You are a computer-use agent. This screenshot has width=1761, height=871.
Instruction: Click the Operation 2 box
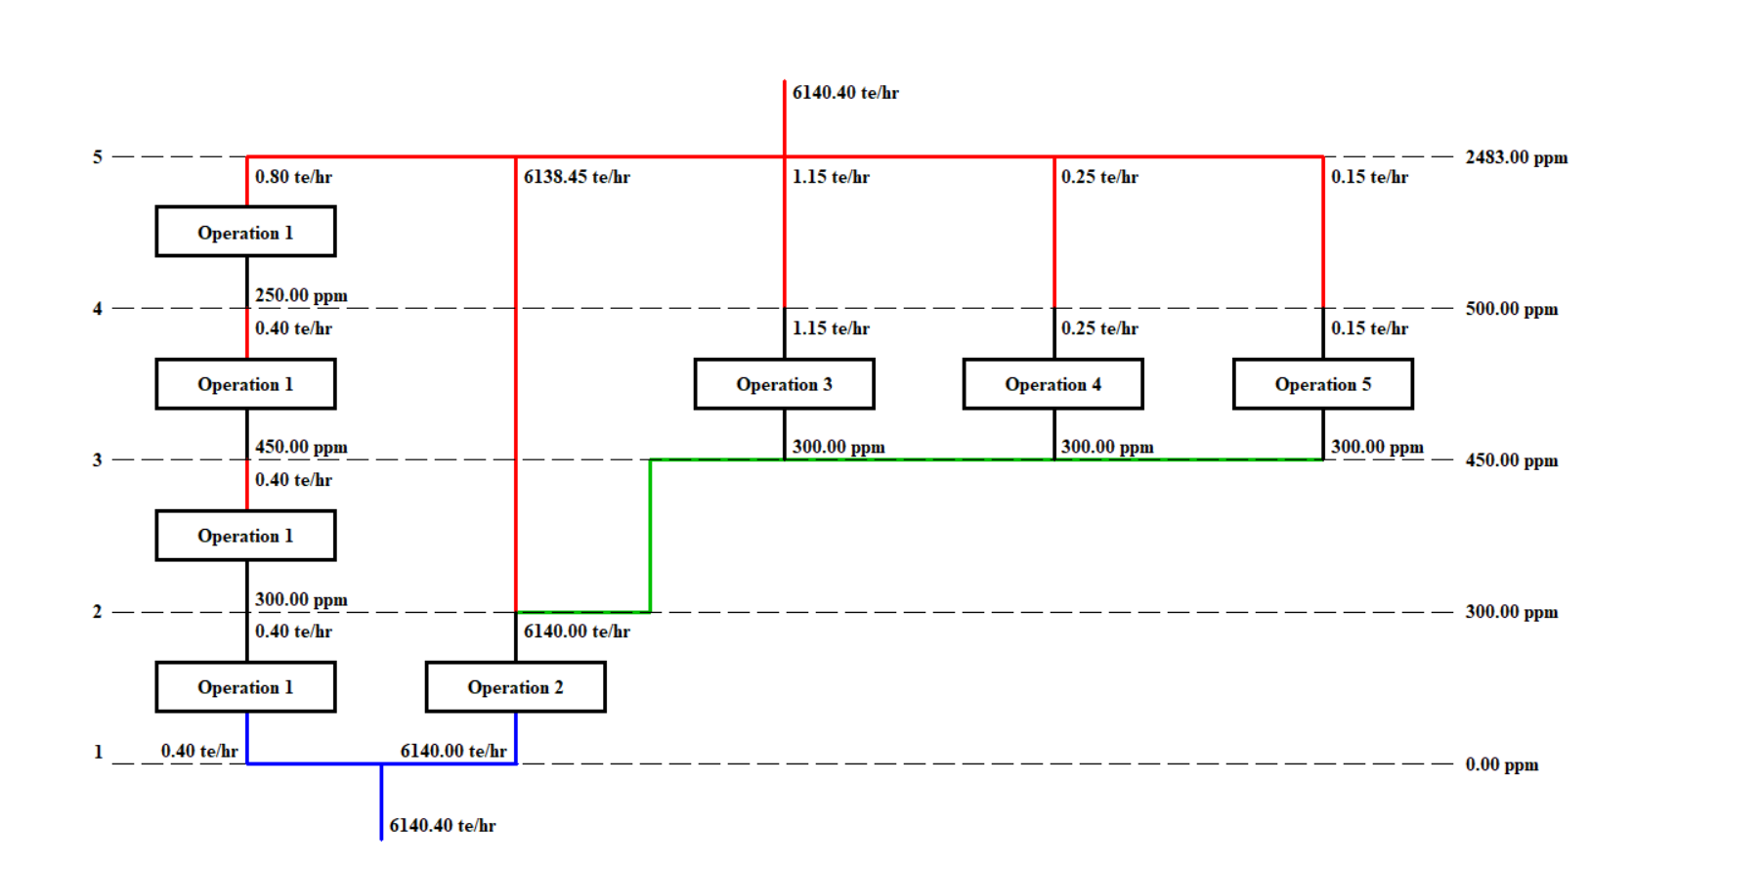(x=515, y=687)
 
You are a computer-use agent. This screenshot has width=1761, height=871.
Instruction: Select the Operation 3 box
(x=784, y=384)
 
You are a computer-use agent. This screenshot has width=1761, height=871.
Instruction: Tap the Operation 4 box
(x=1052, y=384)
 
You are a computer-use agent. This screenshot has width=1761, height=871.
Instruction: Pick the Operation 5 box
(x=1322, y=384)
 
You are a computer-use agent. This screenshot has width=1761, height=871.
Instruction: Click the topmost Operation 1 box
(x=245, y=233)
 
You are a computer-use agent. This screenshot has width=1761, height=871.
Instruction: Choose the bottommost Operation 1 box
(x=245, y=687)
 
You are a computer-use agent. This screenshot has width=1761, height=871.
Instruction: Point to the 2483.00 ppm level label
(x=1516, y=157)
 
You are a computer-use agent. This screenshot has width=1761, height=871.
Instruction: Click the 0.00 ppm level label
(x=1501, y=764)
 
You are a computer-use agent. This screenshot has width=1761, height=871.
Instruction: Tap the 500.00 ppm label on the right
(x=1511, y=309)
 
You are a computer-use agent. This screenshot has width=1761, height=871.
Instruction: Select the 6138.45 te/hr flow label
(x=577, y=177)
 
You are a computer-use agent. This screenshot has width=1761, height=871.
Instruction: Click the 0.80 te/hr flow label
(x=293, y=177)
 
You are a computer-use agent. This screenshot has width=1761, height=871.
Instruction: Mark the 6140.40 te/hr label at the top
(x=845, y=93)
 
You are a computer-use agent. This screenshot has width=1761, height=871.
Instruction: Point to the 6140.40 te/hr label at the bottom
(x=442, y=826)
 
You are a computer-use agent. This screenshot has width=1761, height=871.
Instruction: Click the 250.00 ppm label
(x=301, y=295)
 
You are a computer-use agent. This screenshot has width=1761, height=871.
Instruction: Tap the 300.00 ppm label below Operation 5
(x=1377, y=447)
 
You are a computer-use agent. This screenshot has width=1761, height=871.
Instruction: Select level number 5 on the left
(x=98, y=157)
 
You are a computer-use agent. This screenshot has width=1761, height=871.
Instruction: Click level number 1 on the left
(x=98, y=752)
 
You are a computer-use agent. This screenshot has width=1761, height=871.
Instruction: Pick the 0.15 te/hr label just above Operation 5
(x=1369, y=328)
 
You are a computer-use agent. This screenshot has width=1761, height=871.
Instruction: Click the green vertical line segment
(x=651, y=536)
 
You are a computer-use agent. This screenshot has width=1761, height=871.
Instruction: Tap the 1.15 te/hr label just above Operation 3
(x=831, y=328)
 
